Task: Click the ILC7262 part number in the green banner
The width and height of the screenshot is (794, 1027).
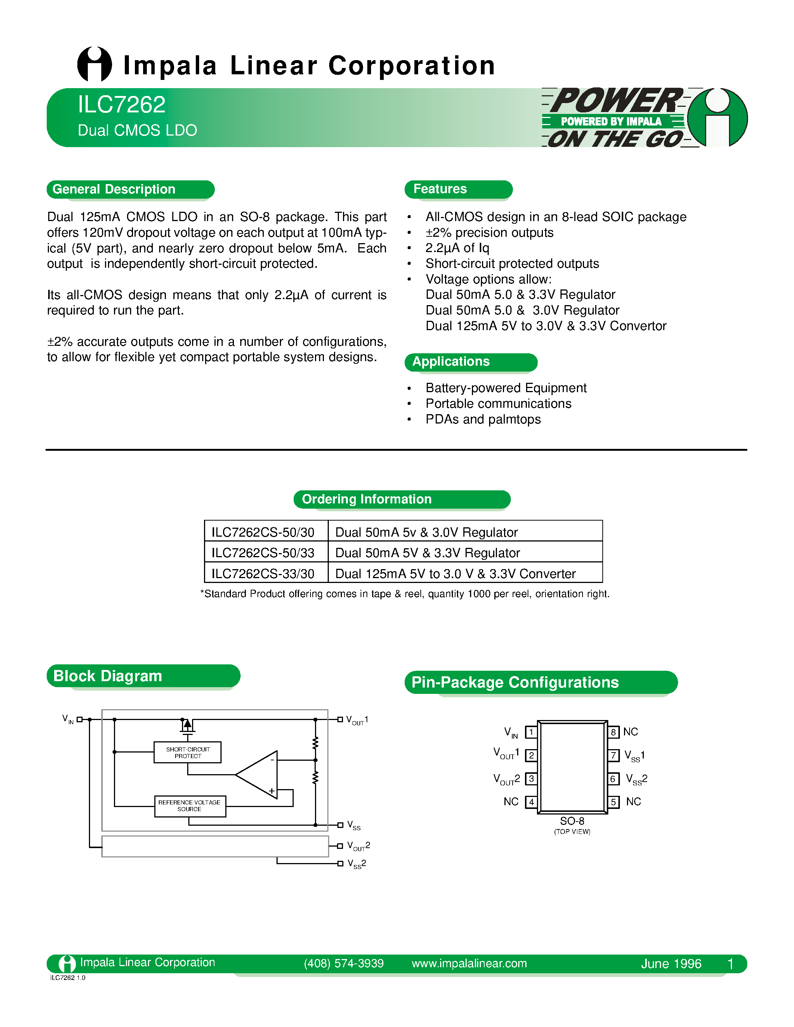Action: tap(121, 105)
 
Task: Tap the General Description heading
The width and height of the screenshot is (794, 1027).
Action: tap(114, 189)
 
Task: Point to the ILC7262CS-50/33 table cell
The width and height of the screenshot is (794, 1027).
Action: tap(263, 553)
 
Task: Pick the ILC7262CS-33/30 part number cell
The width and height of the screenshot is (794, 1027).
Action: tap(263, 574)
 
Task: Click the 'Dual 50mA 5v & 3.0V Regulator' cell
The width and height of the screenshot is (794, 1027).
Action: tap(426, 532)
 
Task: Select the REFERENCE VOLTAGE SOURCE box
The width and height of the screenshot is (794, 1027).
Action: tap(189, 806)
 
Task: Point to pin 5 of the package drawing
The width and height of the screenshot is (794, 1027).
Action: tap(613, 802)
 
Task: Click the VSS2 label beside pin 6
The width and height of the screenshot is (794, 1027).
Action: tap(636, 779)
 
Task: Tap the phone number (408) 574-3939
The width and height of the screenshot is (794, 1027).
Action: tap(343, 964)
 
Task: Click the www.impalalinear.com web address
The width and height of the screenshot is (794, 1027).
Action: tap(469, 964)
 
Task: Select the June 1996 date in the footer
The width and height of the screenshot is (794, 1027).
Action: tap(671, 964)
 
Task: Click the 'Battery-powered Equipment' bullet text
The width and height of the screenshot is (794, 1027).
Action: tap(506, 388)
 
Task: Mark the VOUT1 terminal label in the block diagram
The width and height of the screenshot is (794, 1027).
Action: tap(357, 720)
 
